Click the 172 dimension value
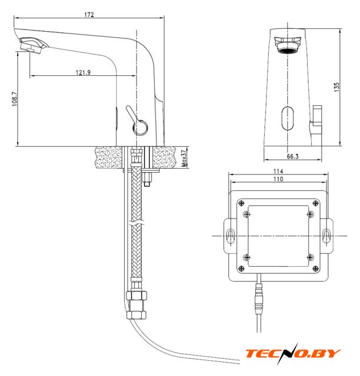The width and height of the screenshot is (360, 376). [89, 15]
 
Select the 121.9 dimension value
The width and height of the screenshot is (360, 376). [83, 72]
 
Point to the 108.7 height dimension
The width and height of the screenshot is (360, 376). [15, 99]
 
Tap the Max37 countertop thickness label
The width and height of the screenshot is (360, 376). [184, 159]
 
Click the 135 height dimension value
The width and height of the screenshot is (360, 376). [336, 87]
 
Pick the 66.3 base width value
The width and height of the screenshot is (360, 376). [293, 156]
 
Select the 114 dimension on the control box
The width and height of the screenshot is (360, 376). [278, 171]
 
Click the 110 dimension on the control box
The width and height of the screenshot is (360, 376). [278, 179]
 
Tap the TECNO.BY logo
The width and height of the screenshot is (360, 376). [293, 354]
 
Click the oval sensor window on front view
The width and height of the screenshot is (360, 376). [288, 118]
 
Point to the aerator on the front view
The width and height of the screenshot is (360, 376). [288, 45]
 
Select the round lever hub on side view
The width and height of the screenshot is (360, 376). [140, 127]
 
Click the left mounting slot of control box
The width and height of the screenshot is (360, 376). [231, 236]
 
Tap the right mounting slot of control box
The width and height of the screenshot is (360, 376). [326, 236]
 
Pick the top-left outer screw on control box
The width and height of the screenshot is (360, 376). [241, 203]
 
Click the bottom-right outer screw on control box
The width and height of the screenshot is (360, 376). [316, 268]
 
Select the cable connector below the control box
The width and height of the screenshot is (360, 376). [259, 298]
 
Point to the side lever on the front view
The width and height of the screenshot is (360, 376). [315, 120]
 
